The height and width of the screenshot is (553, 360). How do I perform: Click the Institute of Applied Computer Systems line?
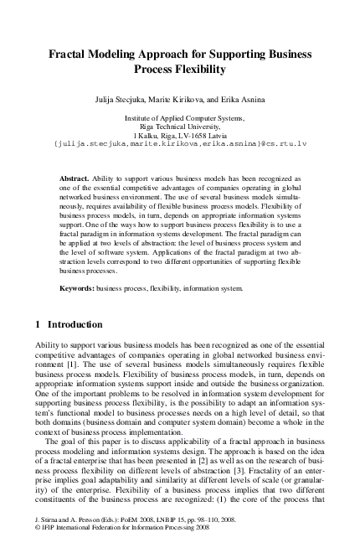point(180,119)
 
